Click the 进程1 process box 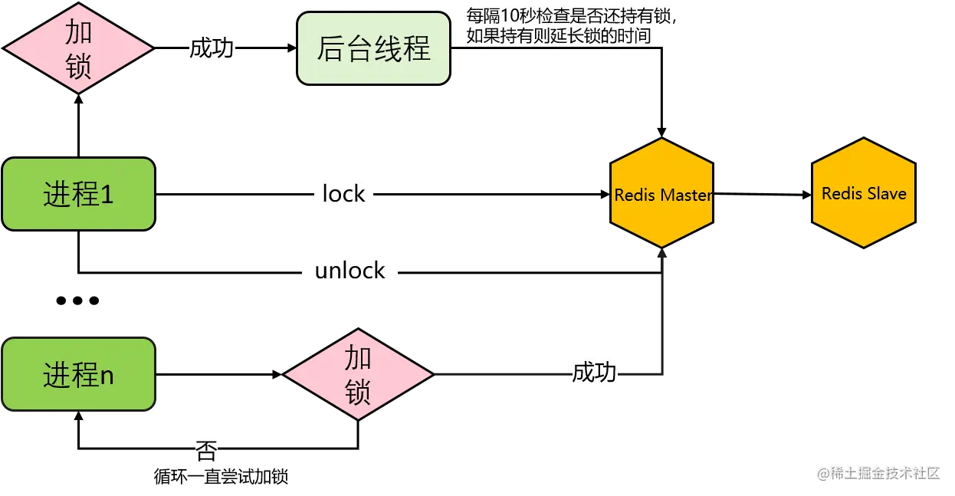(x=78, y=194)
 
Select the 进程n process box (x=78, y=374)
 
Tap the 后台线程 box (x=373, y=48)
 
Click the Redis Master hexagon (x=661, y=192)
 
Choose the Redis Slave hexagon (x=864, y=192)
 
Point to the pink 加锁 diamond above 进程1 (x=78, y=48)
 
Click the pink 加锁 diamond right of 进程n (x=358, y=374)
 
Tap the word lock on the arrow (x=343, y=194)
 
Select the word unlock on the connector (x=350, y=271)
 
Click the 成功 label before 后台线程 (x=212, y=48)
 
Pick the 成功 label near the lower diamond (x=594, y=373)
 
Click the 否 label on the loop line (x=206, y=450)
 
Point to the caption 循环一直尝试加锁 (x=221, y=476)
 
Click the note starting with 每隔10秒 (x=571, y=26)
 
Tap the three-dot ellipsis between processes (x=77, y=301)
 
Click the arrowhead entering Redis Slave (x=806, y=195)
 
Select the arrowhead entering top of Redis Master (x=661, y=132)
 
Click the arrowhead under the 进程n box (x=78, y=416)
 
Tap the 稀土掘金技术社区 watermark (x=878, y=473)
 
